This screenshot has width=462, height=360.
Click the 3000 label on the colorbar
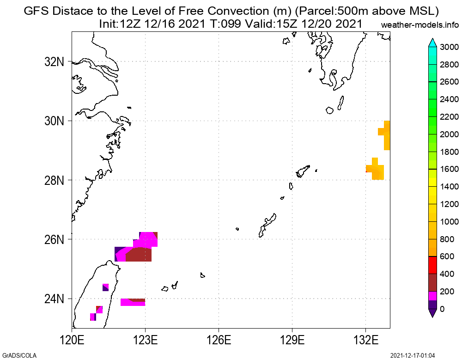[x=449, y=47]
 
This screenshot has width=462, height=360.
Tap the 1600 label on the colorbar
[x=449, y=169]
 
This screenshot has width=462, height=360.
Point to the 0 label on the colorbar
[x=443, y=309]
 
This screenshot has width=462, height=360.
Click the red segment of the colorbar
[x=433, y=265]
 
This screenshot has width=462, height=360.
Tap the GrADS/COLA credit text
[x=18, y=355]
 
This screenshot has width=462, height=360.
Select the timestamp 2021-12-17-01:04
[x=413, y=355]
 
